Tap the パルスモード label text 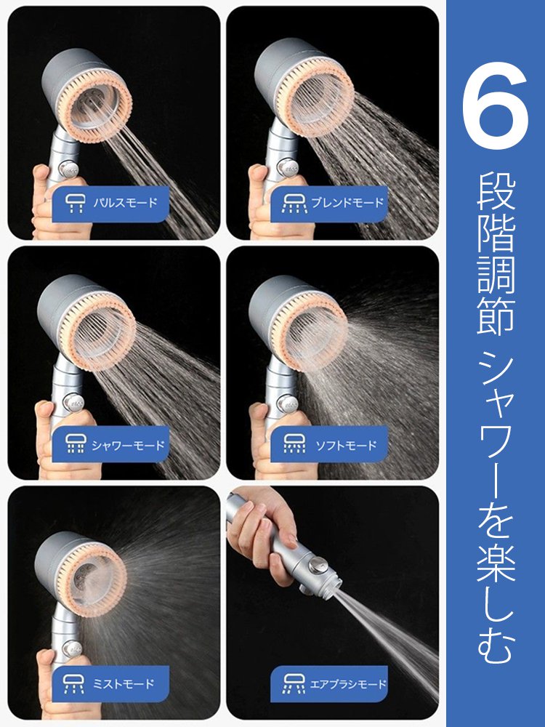[125, 203]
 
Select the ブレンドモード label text [347, 203]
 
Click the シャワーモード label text [128, 445]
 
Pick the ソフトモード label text [346, 445]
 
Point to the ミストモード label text [124, 683]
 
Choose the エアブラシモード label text [347, 684]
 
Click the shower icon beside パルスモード [75, 203]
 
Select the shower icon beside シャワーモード [75, 444]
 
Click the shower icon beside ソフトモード [294, 444]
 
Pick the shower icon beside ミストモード [73, 683]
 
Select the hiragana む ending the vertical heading [496, 645]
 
